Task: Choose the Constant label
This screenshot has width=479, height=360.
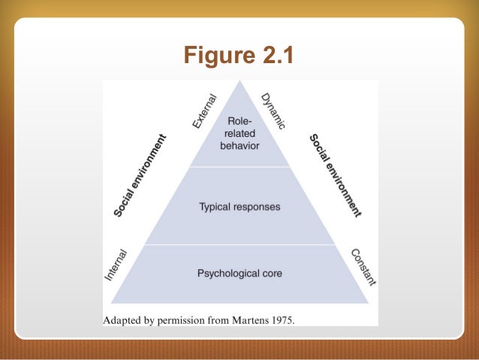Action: (x=364, y=267)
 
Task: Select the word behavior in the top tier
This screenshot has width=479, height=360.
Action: (x=239, y=146)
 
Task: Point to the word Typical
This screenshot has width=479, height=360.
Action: (x=216, y=206)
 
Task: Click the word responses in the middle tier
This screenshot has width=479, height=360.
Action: (x=258, y=206)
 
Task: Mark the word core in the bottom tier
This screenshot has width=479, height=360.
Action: (x=271, y=274)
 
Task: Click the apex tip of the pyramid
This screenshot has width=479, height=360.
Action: (x=239, y=83)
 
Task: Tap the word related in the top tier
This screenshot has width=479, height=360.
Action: (x=239, y=132)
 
